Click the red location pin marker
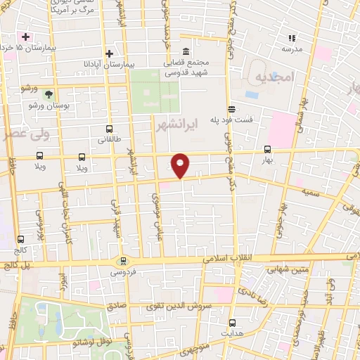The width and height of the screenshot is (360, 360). [x=181, y=165]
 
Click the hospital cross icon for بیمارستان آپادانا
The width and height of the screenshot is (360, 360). [x=109, y=53]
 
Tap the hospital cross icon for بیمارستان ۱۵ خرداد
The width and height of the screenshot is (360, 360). [x=26, y=36]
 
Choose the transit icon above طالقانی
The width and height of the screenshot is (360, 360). [x=109, y=129]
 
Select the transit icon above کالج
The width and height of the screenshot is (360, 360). [x=20, y=239]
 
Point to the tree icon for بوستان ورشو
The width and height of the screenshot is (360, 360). [x=49, y=94]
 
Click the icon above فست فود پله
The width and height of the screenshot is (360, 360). [x=231, y=108]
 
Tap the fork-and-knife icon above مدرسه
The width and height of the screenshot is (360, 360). [x=290, y=38]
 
